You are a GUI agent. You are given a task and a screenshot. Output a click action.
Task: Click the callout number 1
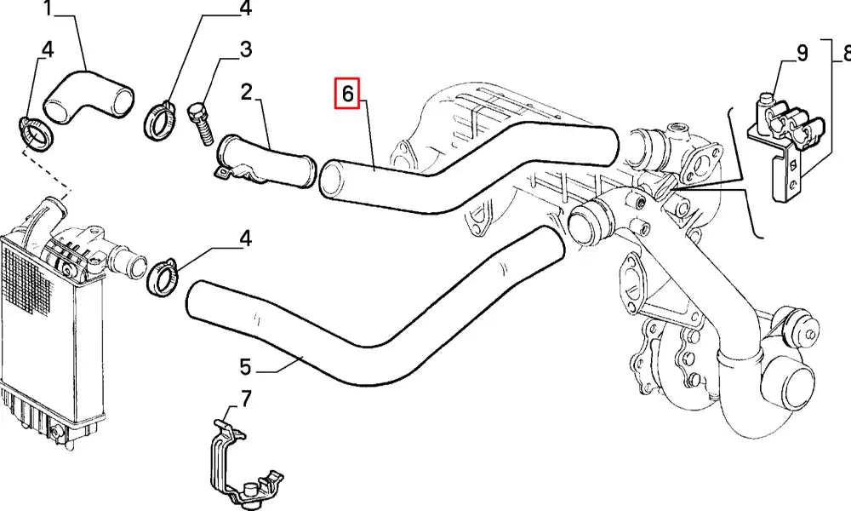pyautogui.click(x=48, y=9)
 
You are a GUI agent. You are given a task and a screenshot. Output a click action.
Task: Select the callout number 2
pyautogui.click(x=246, y=91)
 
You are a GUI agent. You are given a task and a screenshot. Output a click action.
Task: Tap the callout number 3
pyautogui.click(x=245, y=49)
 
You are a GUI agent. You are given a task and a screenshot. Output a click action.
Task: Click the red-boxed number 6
pyautogui.click(x=347, y=93)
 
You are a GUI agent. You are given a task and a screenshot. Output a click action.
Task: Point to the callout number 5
pyautogui.click(x=245, y=368)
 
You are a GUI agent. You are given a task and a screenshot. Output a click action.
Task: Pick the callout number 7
pyautogui.click(x=246, y=398)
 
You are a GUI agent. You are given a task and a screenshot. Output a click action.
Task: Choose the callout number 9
pyautogui.click(x=801, y=55)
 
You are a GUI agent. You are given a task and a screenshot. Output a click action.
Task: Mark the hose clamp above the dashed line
pyautogui.click(x=36, y=133)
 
